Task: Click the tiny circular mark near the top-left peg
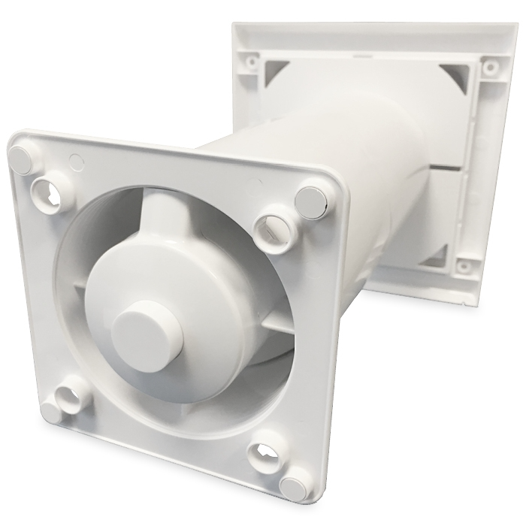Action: pyautogui.click(x=74, y=159)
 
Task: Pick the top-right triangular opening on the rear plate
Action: pyautogui.click(x=452, y=75)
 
